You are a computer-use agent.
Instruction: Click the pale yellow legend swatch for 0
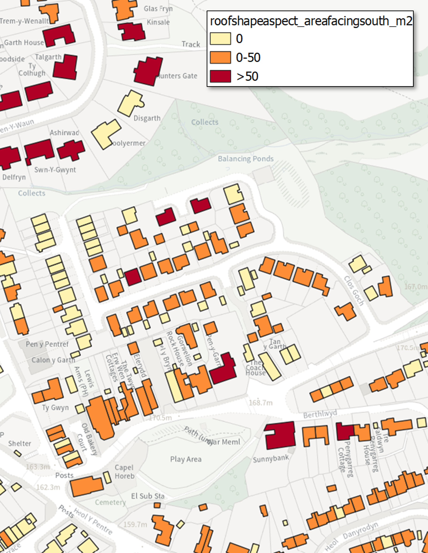[220, 39]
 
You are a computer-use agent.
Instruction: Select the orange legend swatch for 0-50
[220, 58]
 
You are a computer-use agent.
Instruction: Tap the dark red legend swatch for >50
[220, 76]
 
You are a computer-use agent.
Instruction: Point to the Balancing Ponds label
[245, 159]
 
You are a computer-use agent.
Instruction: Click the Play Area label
[186, 459]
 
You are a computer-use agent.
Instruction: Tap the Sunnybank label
[271, 458]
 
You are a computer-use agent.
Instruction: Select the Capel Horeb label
[124, 472]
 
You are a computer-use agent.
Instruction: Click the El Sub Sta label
[148, 496]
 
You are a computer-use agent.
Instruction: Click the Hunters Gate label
[177, 76]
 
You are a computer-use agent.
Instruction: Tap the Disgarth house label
[147, 118]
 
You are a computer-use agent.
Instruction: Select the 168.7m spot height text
[261, 403]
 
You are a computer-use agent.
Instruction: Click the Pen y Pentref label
[47, 344]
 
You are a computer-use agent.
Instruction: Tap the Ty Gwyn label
[55, 407]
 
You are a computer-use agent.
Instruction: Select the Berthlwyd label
[320, 414]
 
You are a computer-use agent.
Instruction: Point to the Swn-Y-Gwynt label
[55, 170]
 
